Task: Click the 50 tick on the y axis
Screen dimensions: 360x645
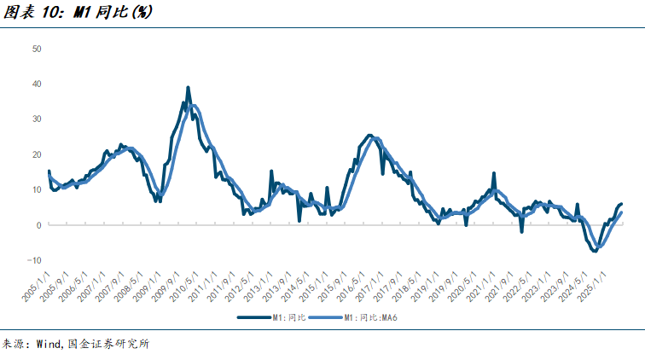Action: coord(37,49)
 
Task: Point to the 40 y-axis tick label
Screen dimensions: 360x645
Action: coord(37,84)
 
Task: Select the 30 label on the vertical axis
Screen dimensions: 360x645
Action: coord(37,119)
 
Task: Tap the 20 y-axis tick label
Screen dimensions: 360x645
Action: coord(37,154)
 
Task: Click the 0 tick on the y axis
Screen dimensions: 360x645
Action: coord(39,225)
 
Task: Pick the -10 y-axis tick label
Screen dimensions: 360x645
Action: coord(35,260)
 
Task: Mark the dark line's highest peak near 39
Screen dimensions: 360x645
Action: coord(188,87)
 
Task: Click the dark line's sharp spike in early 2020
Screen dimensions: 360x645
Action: coord(493,173)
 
